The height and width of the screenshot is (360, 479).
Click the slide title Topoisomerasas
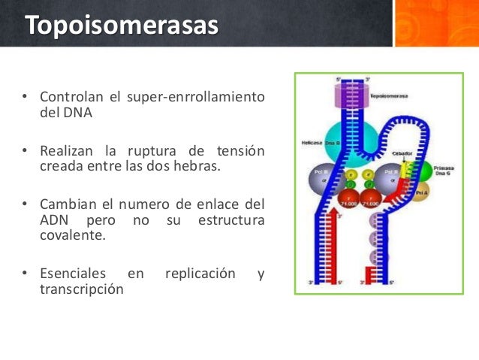(x=121, y=25)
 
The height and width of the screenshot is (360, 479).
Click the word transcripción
(x=80, y=289)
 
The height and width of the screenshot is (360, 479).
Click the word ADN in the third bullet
(x=53, y=219)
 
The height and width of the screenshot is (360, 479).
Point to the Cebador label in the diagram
(x=402, y=153)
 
